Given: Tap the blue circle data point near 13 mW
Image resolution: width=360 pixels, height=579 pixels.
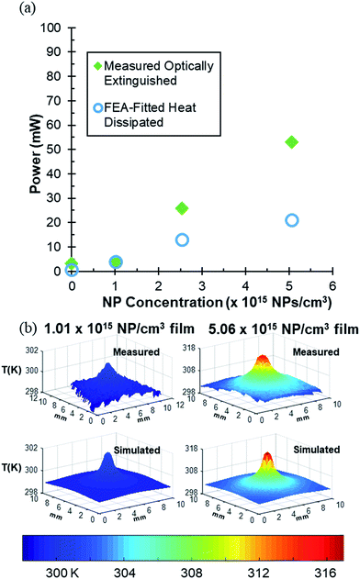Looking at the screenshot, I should click(x=182, y=239).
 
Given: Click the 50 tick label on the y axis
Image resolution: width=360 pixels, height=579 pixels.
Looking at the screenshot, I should click(x=54, y=150).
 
